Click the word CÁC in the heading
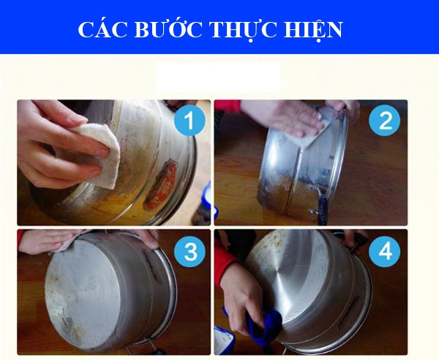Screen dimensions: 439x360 tap(102, 29)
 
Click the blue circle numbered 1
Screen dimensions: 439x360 tap(190, 121)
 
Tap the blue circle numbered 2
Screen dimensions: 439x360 tap(385, 121)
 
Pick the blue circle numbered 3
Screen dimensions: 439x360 tap(190, 251)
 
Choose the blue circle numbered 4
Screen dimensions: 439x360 tap(385, 251)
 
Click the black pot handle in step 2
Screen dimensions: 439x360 tap(323, 207)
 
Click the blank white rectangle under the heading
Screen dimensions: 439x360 tap(218, 77)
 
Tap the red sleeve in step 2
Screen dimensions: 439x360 tap(228, 105)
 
